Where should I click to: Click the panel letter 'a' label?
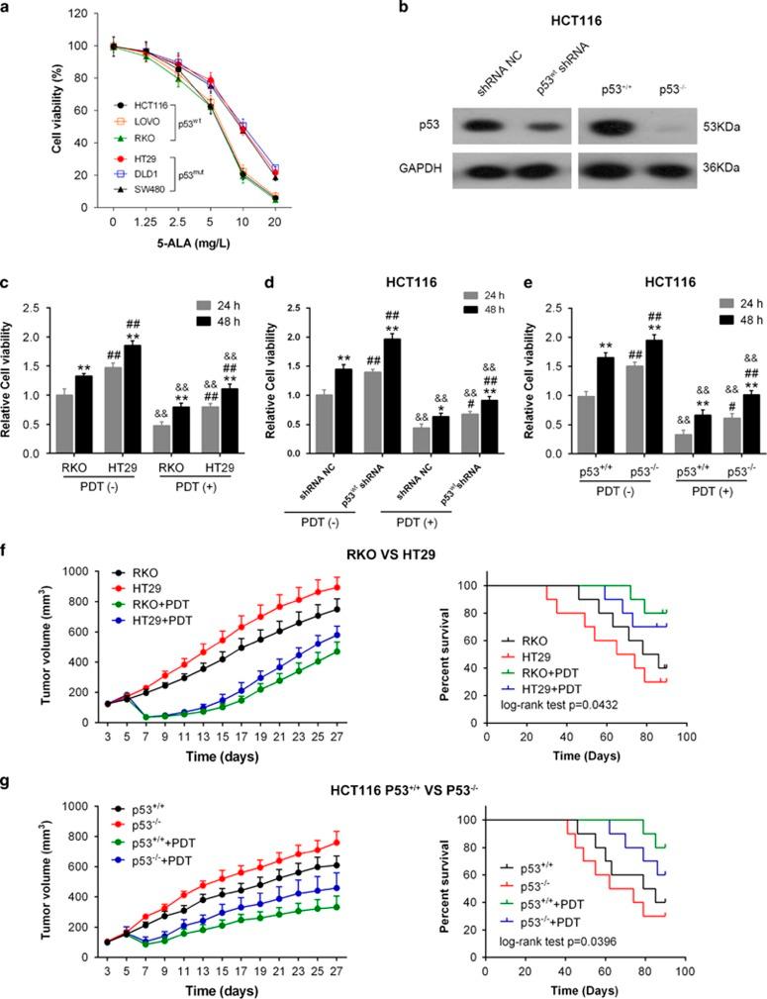8,9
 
